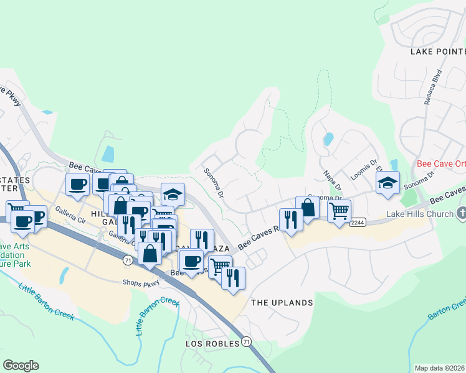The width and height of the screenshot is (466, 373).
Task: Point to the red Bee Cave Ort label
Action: click(x=440, y=164)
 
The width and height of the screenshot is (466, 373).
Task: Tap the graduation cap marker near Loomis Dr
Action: click(x=387, y=183)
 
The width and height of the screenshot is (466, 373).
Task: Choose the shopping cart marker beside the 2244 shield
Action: click(x=339, y=211)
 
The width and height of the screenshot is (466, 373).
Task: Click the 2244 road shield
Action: click(x=357, y=223)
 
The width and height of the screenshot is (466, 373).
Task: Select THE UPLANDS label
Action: click(x=282, y=303)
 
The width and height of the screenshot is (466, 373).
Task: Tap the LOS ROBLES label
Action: click(x=212, y=343)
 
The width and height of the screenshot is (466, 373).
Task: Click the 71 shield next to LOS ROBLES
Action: click(x=247, y=342)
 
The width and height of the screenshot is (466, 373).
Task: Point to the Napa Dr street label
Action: click(x=333, y=180)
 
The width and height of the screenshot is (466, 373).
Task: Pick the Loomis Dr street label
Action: click(x=364, y=169)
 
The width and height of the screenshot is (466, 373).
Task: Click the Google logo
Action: click(x=21, y=365)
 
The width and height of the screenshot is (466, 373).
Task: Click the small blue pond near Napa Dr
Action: click(x=328, y=139)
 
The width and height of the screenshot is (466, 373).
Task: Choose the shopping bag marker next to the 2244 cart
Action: click(x=307, y=208)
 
